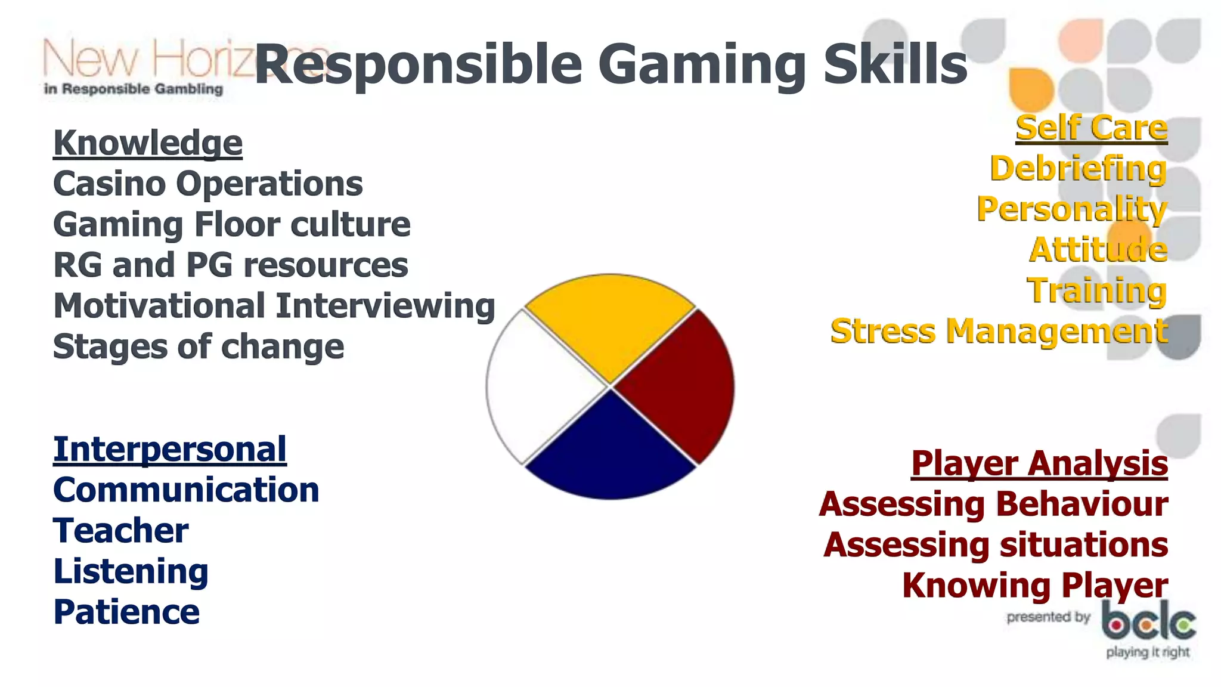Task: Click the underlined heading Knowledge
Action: click(148, 143)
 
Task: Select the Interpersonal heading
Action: click(170, 449)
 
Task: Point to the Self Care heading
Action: click(1091, 128)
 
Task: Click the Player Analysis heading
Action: click(1039, 464)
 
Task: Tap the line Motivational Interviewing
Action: click(274, 306)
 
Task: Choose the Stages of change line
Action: click(199, 346)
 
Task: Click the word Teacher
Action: click(121, 531)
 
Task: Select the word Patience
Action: click(126, 612)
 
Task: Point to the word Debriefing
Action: click(1078, 169)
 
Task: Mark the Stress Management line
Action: click(999, 332)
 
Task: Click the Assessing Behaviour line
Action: click(993, 505)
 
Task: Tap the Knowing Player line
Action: click(1035, 586)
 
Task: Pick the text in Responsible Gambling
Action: click(134, 89)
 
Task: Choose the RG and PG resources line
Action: click(231, 265)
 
